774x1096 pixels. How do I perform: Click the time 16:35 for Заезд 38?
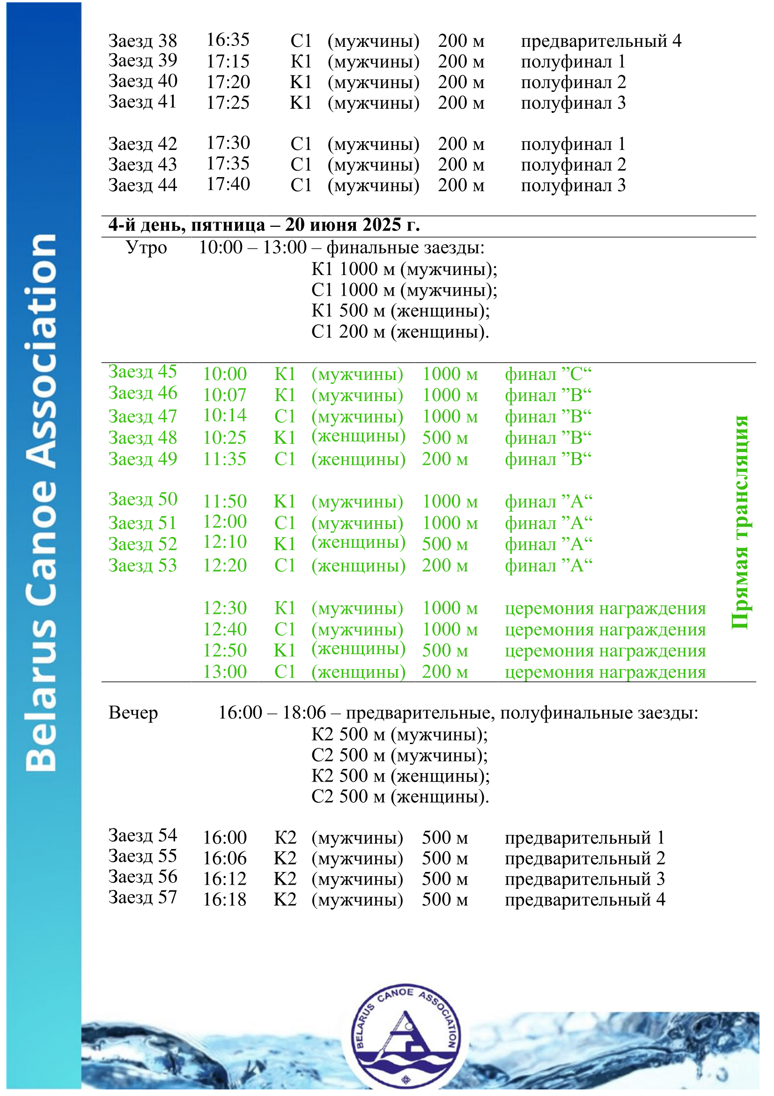click(x=228, y=40)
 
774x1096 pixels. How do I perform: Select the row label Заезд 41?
click(x=142, y=102)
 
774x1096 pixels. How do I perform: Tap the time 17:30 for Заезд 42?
click(x=228, y=143)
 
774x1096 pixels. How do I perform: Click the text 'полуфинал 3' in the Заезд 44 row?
click(x=573, y=185)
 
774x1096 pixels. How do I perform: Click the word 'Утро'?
click(x=146, y=248)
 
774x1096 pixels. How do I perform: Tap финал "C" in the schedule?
click(x=548, y=374)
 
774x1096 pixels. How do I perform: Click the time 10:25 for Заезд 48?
click(x=225, y=438)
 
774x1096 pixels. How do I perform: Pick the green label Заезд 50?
click(x=142, y=500)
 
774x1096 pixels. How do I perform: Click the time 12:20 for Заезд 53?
click(x=225, y=566)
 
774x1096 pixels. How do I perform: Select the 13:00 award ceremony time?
click(x=225, y=672)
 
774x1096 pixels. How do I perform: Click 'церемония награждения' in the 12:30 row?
click(x=605, y=609)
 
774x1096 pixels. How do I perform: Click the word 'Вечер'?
click(x=133, y=713)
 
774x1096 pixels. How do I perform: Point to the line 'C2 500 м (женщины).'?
click(x=400, y=797)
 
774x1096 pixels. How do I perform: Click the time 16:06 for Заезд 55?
click(x=225, y=859)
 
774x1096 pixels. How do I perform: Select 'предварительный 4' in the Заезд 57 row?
click(x=585, y=900)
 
